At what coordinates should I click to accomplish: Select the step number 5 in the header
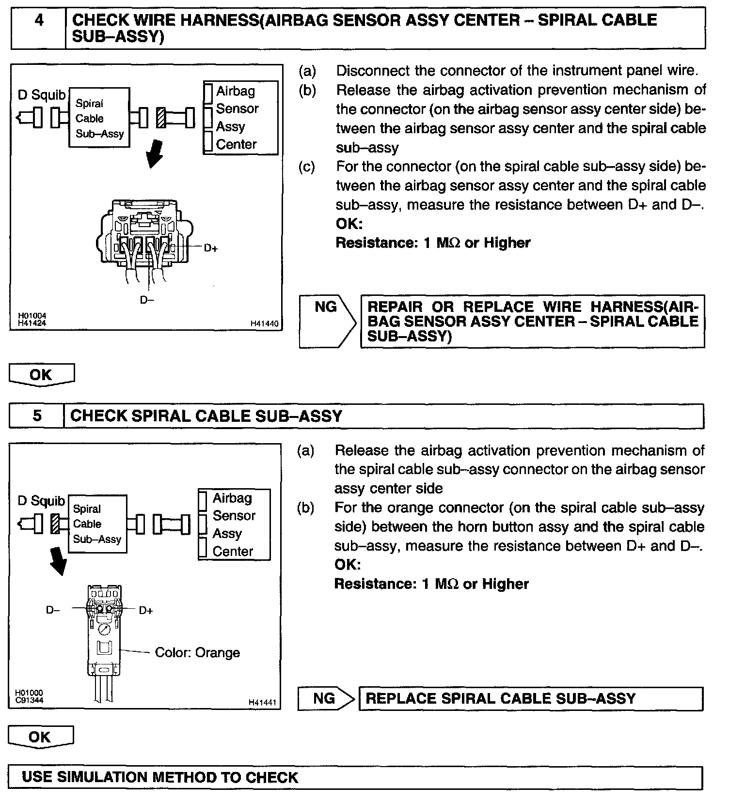pos(37,416)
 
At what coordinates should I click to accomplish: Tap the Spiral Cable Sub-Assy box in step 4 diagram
pos(99,119)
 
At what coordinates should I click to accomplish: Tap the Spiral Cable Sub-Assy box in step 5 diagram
pos(97,524)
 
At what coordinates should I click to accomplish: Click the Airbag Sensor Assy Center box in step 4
pos(241,118)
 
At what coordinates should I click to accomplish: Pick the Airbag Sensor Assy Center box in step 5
pos(234,524)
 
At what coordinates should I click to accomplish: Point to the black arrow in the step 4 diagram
pos(155,153)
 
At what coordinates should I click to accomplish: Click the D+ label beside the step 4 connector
pos(211,248)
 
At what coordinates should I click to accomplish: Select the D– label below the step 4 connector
pos(147,300)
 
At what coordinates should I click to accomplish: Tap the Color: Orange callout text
pos(197,652)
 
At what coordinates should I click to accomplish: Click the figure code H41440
pos(264,323)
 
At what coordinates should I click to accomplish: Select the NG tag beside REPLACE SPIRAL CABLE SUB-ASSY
pos(324,698)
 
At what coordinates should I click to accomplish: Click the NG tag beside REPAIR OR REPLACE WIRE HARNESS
pos(325,307)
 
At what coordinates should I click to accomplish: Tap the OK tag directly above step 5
pos(41,375)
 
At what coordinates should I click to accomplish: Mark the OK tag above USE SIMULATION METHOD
pos(40,737)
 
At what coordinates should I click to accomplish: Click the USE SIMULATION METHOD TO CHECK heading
pos(160,777)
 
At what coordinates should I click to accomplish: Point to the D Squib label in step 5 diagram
pos(41,501)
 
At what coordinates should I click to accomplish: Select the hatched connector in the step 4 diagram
pos(162,118)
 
